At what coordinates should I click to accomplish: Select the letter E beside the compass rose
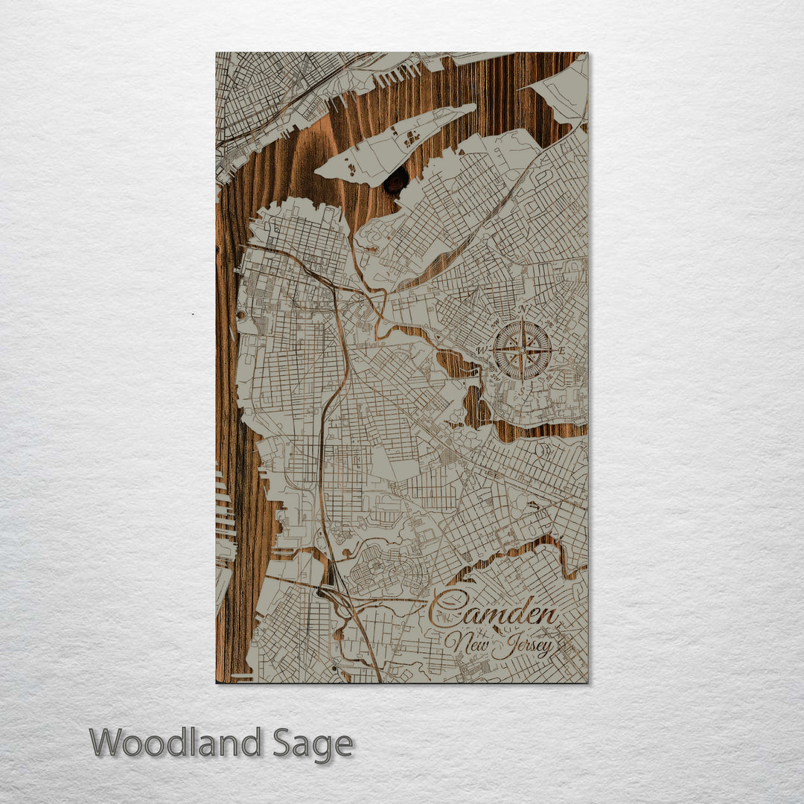click(562, 351)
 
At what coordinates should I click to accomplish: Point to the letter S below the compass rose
click(523, 390)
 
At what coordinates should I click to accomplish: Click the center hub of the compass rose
click(523, 350)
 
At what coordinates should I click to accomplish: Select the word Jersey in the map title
click(526, 645)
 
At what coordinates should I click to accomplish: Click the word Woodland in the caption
click(176, 742)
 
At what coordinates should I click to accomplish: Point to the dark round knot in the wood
click(396, 182)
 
